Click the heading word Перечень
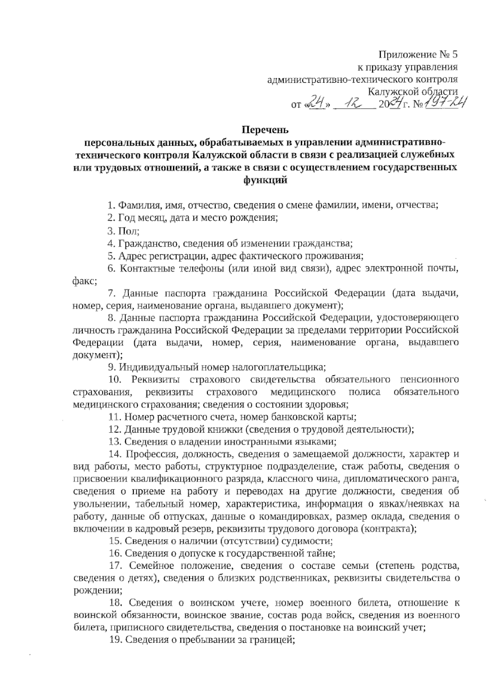coord(265,130)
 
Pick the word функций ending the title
coord(265,179)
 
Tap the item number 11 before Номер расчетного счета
coord(114,416)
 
